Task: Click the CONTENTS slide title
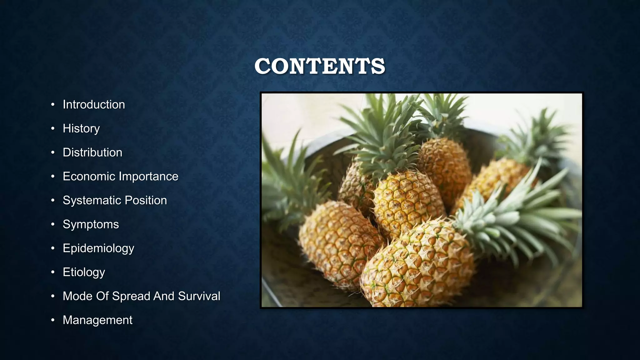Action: point(320,66)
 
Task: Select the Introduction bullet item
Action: point(94,105)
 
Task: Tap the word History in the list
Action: point(81,128)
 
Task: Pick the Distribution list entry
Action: point(92,152)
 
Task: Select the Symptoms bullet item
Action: point(91,225)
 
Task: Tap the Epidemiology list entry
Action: point(98,248)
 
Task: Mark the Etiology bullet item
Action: point(84,272)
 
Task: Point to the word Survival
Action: point(199,296)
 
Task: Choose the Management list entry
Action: point(97,320)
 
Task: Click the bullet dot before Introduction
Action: point(53,105)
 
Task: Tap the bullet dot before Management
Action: point(53,320)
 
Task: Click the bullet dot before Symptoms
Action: point(53,224)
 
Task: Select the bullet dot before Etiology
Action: point(53,272)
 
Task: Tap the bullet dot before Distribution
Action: point(53,152)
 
